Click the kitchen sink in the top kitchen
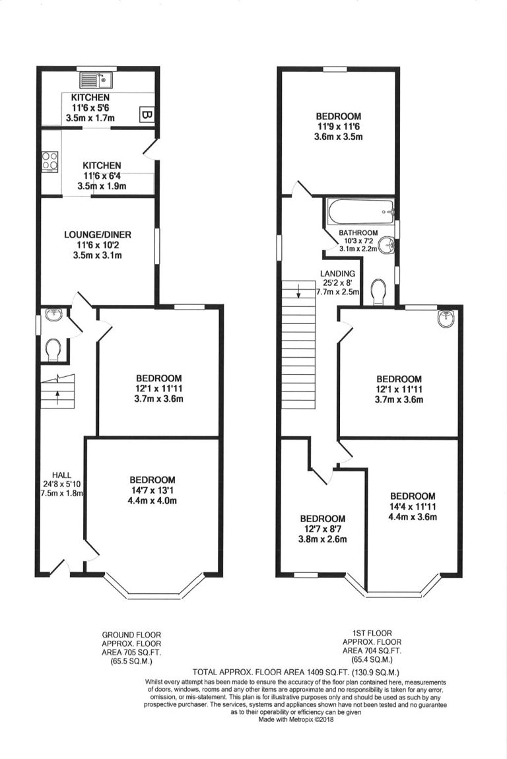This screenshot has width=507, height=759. click(x=96, y=79)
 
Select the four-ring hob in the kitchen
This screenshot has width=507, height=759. click(x=50, y=161)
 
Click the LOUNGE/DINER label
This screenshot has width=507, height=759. click(x=98, y=235)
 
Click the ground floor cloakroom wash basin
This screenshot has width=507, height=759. click(x=53, y=315)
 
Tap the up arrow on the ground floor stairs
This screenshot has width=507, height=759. click(x=57, y=398)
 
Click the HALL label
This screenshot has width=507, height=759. click(x=62, y=475)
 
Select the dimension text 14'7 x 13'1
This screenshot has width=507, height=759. click(x=152, y=490)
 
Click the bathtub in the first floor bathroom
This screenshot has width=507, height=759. click(x=361, y=212)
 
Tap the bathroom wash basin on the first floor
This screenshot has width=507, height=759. click(x=388, y=246)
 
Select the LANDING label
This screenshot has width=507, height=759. click(x=338, y=273)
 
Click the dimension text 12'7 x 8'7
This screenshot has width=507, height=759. click(x=323, y=529)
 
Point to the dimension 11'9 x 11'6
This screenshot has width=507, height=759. click(x=339, y=126)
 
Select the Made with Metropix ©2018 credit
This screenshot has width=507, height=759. click(x=296, y=719)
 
